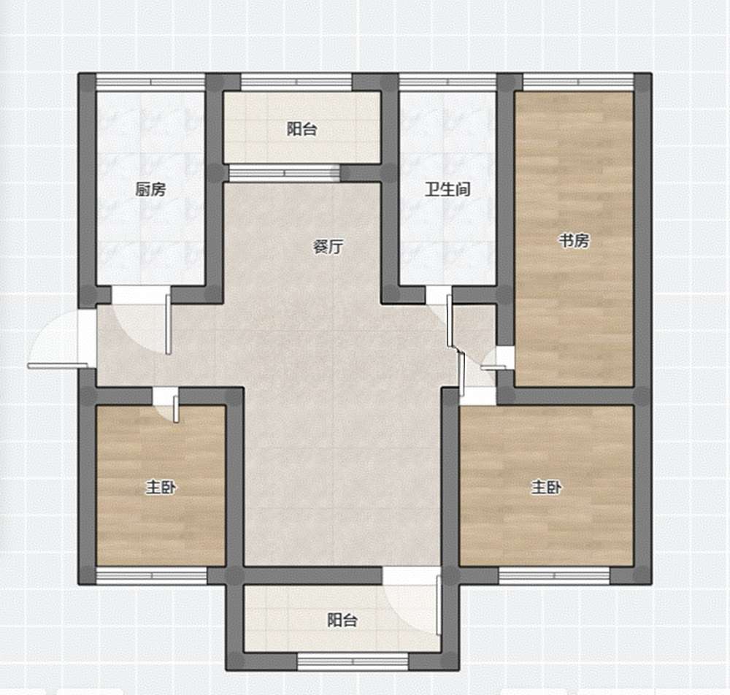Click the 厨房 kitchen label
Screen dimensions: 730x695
click(150, 190)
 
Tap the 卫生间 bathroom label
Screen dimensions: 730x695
click(447, 190)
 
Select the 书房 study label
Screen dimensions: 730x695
click(574, 241)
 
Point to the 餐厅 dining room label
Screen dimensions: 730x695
click(328, 246)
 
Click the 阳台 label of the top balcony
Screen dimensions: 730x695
click(301, 129)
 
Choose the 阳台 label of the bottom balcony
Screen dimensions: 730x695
click(342, 620)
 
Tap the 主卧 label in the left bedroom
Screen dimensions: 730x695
click(161, 488)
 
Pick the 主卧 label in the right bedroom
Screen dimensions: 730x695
click(547, 488)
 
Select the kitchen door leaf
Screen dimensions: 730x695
click(169, 324)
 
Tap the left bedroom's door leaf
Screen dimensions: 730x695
click(175, 409)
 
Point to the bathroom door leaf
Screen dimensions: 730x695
click(449, 320)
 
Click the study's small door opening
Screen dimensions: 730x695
click(504, 358)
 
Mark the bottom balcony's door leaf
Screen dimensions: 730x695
click(439, 604)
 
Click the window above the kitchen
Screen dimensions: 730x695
click(150, 82)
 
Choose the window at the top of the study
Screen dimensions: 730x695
click(579, 82)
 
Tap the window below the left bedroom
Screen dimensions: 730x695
click(151, 576)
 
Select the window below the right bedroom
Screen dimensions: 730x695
click(554, 576)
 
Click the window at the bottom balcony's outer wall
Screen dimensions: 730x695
click(353, 661)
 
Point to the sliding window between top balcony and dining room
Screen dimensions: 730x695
click(285, 173)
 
